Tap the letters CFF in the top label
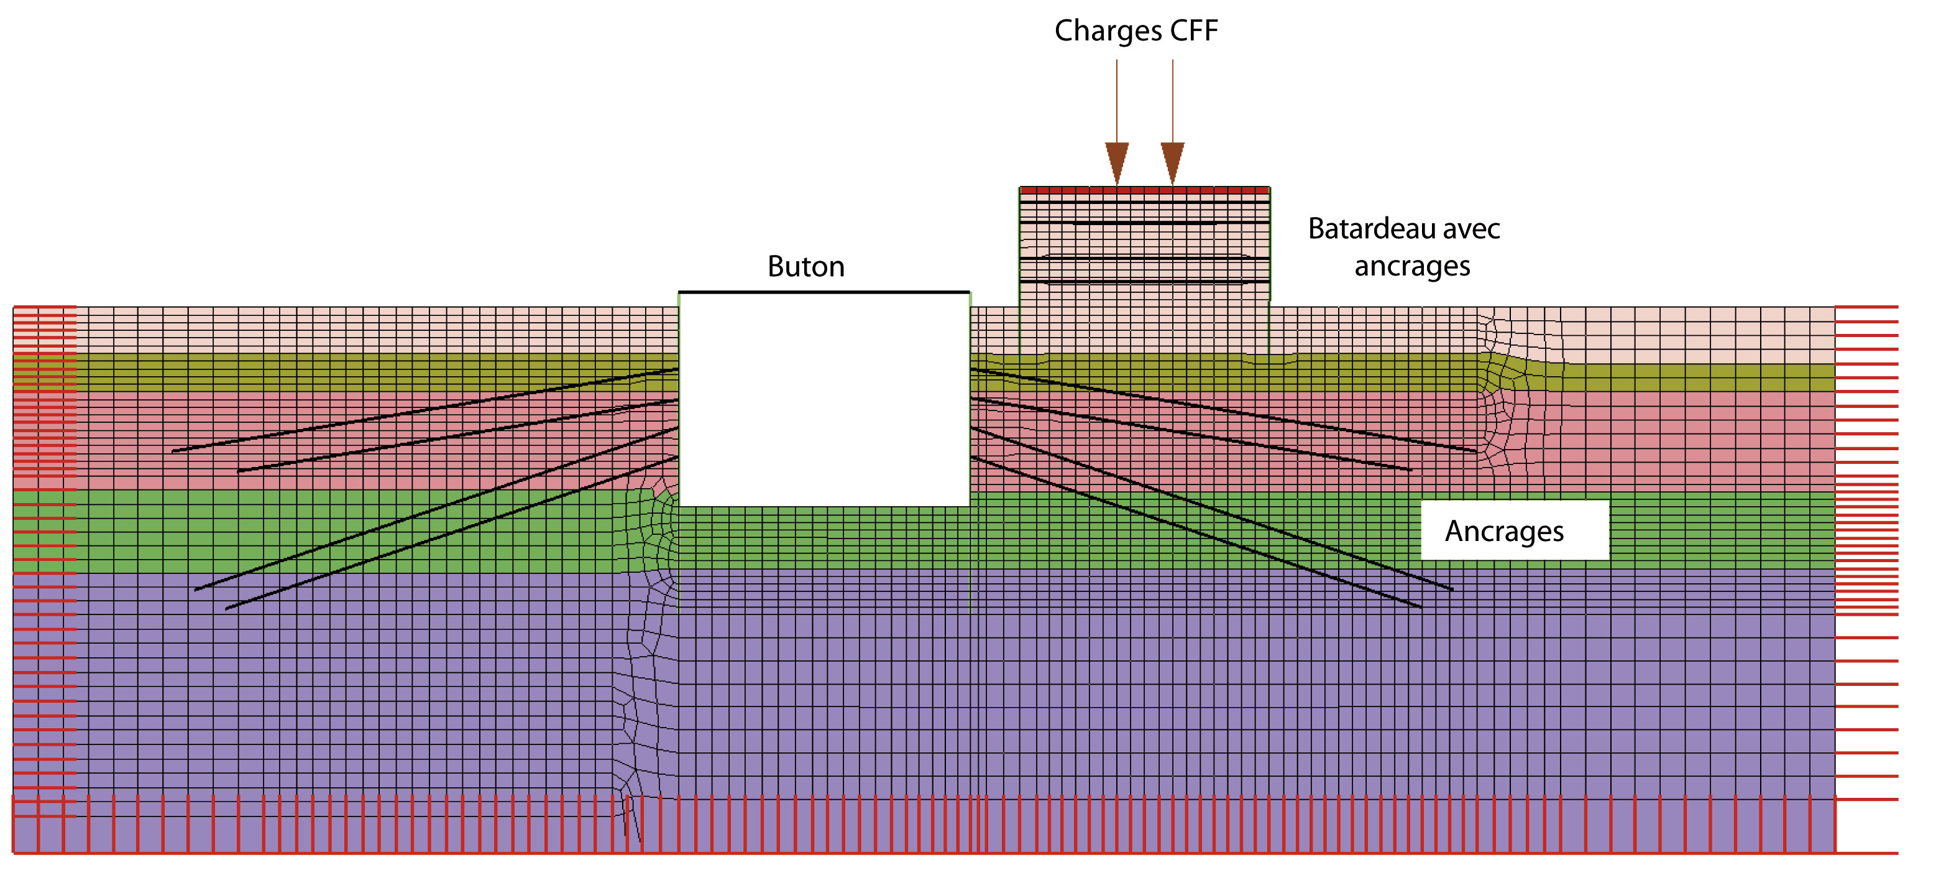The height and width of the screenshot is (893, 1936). click(x=1193, y=32)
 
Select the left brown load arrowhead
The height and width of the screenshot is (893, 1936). click(x=1117, y=162)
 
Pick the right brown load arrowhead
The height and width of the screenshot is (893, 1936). click(x=1172, y=162)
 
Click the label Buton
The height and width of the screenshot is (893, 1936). click(x=805, y=267)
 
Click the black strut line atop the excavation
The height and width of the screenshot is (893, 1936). click(x=823, y=292)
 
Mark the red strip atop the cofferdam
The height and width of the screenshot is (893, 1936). click(x=1144, y=190)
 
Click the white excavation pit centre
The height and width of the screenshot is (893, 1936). click(x=823, y=399)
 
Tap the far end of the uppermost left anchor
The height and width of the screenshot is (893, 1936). click(x=173, y=451)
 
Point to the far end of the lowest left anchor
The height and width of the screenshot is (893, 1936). click(x=227, y=608)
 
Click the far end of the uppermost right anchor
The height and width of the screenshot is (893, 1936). click(x=1475, y=451)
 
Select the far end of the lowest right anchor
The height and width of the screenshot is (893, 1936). click(x=1419, y=606)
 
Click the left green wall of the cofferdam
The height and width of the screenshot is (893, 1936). click(x=1020, y=271)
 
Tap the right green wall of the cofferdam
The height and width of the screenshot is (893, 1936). click(x=1269, y=271)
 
